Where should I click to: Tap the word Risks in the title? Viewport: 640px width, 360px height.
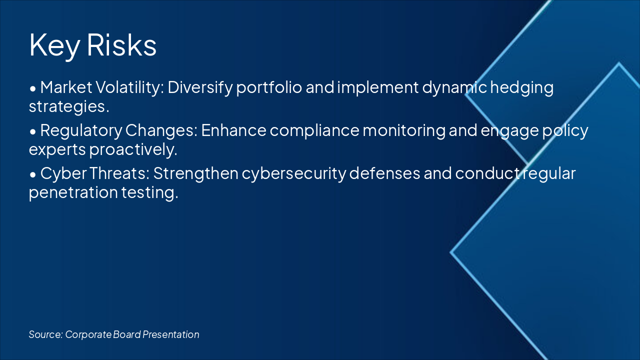click(121, 44)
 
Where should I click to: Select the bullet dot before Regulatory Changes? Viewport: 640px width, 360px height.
click(33, 131)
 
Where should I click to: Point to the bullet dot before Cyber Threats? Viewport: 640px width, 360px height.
click(33, 174)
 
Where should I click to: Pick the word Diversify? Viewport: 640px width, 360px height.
click(200, 87)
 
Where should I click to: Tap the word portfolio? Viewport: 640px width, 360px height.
click(269, 87)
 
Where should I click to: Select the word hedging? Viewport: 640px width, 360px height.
click(522, 87)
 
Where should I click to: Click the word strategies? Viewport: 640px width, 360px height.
click(69, 107)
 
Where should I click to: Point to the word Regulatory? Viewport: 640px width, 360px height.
click(81, 131)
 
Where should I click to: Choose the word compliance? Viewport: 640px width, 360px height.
click(314, 131)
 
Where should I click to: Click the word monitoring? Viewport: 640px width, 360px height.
click(404, 131)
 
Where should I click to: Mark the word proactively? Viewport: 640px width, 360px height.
click(133, 149)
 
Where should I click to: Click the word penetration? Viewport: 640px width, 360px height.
click(73, 192)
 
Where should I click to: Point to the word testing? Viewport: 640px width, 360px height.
click(150, 192)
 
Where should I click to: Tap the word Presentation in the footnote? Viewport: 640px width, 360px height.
click(171, 334)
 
